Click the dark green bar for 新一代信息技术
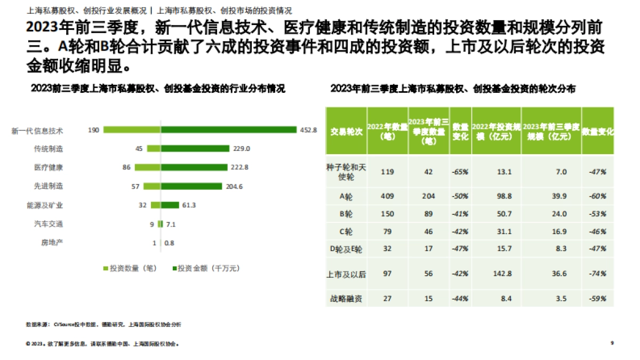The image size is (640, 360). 229,130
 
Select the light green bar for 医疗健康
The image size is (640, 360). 147,167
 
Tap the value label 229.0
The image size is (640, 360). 242,149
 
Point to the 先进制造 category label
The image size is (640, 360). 49,186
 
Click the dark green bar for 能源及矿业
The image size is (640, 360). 170,205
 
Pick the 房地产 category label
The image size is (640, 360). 52,243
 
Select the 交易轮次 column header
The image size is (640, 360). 346,131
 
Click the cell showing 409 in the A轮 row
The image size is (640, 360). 388,196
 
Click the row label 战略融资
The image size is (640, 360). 346,299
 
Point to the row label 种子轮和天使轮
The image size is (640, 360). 346,172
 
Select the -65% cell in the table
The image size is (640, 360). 460,172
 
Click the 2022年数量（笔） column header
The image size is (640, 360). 388,131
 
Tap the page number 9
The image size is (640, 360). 612,344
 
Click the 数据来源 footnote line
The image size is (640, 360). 103,324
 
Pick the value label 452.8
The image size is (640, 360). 308,130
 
